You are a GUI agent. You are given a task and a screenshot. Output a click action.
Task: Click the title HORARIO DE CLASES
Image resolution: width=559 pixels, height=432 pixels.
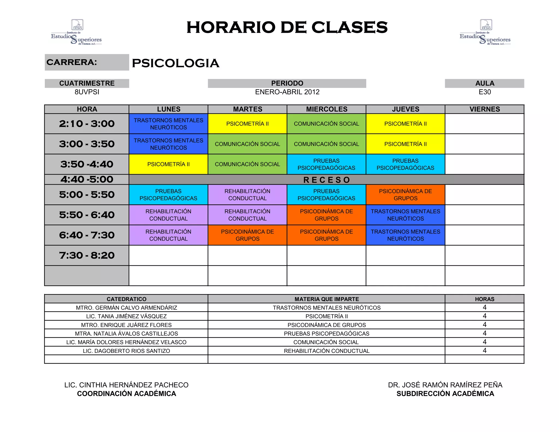pyautogui.click(x=287, y=27)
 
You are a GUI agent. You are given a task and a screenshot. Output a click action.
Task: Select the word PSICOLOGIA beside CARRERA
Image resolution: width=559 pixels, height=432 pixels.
pyautogui.click(x=176, y=63)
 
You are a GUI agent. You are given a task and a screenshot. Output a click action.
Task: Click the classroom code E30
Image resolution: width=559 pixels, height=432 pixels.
pyautogui.click(x=484, y=92)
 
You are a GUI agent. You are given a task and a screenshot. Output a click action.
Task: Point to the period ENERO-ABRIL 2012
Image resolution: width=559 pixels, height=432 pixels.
pyautogui.click(x=287, y=92)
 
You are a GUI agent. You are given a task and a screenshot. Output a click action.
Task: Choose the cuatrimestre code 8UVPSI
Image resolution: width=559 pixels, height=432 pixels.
pyautogui.click(x=87, y=92)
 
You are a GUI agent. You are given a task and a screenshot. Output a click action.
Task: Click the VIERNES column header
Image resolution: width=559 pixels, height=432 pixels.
pyautogui.click(x=484, y=109)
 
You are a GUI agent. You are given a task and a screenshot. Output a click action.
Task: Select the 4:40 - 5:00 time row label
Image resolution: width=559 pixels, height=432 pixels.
pyautogui.click(x=87, y=179)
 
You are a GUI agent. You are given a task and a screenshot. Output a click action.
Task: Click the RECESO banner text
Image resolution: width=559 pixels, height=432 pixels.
pyautogui.click(x=326, y=180)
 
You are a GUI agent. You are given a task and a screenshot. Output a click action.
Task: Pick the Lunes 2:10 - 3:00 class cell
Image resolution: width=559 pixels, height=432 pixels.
pyautogui.click(x=168, y=124)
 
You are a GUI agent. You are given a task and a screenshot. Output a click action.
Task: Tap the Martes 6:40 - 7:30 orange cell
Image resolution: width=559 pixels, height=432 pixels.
pyautogui.click(x=247, y=235)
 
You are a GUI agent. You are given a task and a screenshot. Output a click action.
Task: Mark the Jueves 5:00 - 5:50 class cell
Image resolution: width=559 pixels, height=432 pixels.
pyautogui.click(x=405, y=195)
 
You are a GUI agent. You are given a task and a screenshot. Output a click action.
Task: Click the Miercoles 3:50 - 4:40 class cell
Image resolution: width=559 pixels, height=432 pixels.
pyautogui.click(x=326, y=164)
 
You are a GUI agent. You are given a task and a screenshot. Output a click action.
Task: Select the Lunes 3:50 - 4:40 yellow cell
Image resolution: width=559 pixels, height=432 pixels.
pyautogui.click(x=168, y=164)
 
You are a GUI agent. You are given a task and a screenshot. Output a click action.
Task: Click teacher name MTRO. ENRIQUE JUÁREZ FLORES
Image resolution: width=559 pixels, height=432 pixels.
pyautogui.click(x=126, y=325)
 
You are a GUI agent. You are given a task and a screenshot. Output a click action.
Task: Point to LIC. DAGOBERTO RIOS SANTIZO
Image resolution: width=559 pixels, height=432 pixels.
pyautogui.click(x=126, y=351)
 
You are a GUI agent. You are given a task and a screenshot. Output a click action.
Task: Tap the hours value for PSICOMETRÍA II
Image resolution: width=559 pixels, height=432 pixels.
pyautogui.click(x=484, y=316)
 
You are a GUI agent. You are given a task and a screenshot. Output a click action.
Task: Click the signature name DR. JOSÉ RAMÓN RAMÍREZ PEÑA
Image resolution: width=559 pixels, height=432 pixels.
pyautogui.click(x=445, y=385)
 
